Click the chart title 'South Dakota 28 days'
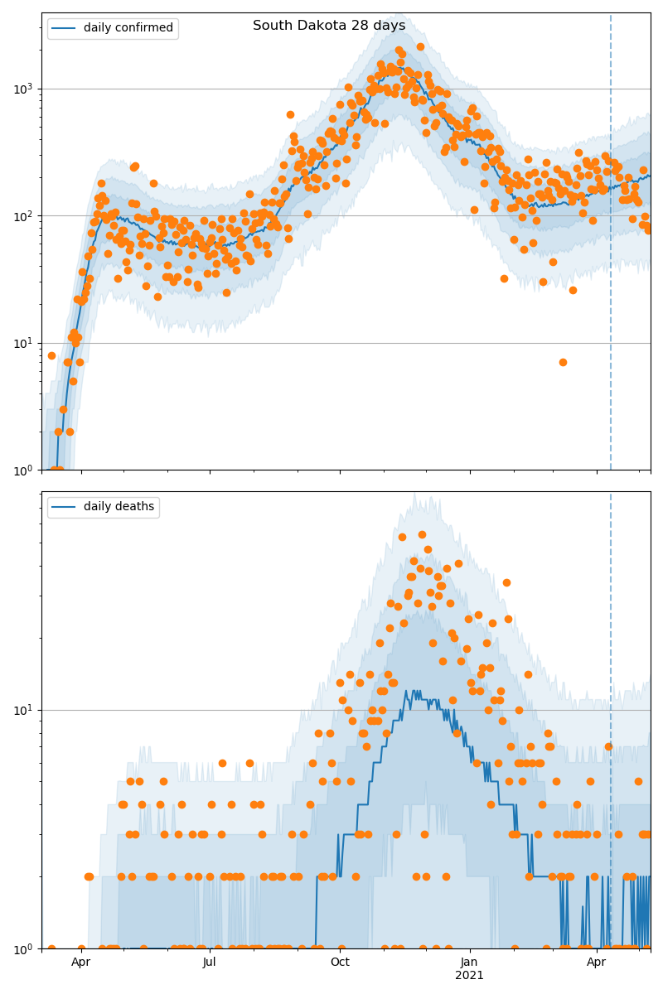click(329, 26)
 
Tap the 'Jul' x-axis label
click(210, 963)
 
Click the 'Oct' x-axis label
click(340, 963)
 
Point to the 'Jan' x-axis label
click(470, 963)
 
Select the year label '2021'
click(470, 976)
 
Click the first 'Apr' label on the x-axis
click(80, 963)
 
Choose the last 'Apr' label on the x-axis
click(597, 963)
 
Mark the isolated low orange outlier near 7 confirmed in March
click(563, 362)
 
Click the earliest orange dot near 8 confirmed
click(51, 355)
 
